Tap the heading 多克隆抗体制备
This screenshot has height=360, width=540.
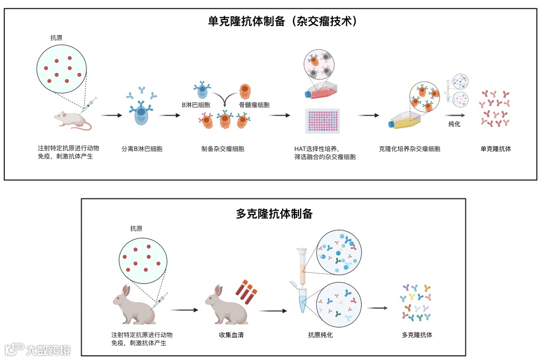click(x=274, y=213)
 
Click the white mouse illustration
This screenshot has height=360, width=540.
click(x=72, y=118)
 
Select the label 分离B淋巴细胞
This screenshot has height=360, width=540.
click(x=142, y=149)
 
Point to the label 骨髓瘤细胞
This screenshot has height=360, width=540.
click(x=254, y=104)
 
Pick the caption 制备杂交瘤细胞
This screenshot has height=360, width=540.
click(x=223, y=149)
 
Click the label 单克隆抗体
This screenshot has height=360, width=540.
click(x=495, y=149)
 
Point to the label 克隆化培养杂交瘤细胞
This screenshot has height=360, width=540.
click(x=410, y=149)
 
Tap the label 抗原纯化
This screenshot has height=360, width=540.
click(x=320, y=335)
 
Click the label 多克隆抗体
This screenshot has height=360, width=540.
click(x=417, y=335)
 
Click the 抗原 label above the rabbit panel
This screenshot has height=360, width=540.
click(x=136, y=229)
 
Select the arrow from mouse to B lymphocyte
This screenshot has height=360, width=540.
click(x=112, y=115)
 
